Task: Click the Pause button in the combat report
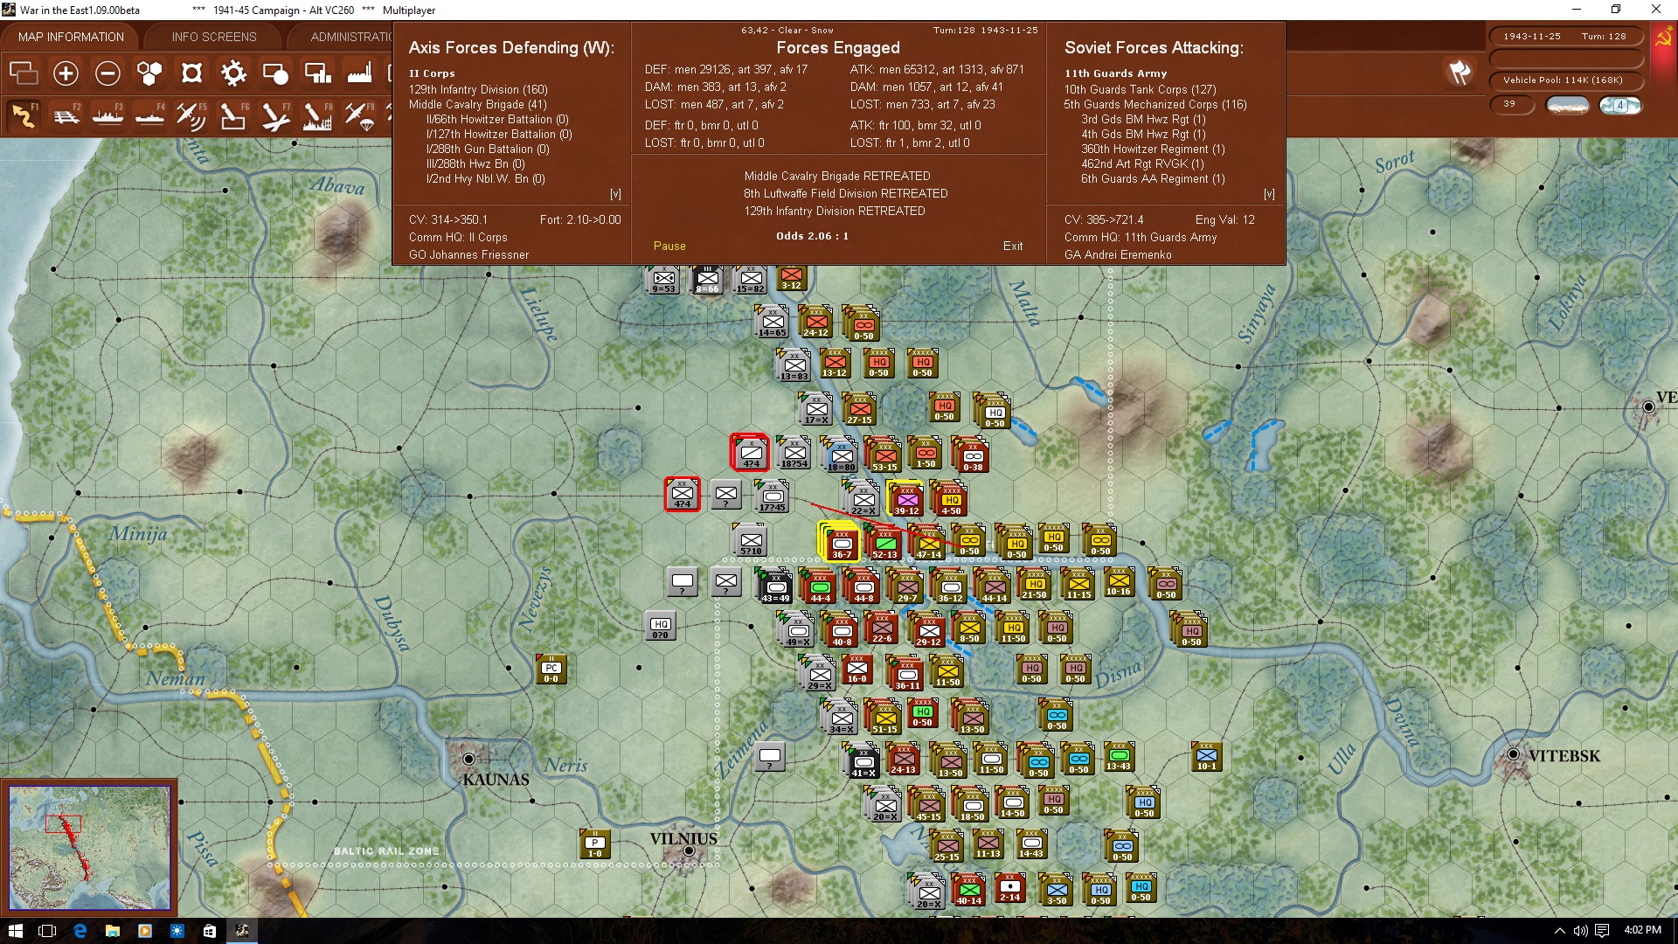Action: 669,246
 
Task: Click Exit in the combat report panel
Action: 1013,246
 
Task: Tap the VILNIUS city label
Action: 683,839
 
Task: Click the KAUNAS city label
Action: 496,780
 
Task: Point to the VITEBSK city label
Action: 1564,756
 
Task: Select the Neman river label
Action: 176,678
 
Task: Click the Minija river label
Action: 138,534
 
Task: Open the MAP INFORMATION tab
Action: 71,37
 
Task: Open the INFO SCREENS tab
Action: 214,37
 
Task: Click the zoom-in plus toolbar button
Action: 66,73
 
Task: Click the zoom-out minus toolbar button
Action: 107,73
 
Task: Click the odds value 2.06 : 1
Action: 812,236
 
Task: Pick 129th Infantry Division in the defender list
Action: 478,89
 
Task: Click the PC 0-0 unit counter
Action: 551,670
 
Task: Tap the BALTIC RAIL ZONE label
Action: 386,851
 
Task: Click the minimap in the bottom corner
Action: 89,847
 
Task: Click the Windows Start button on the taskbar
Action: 15,931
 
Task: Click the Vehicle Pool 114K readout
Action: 1563,80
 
